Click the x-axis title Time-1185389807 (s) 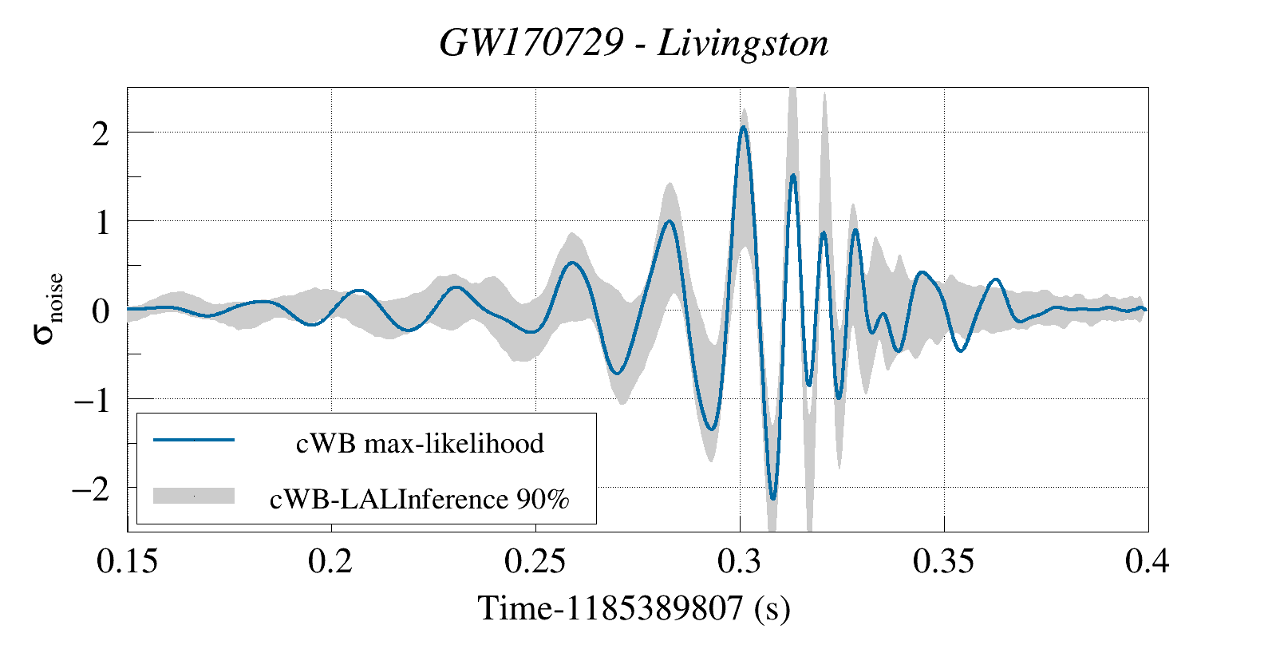click(634, 608)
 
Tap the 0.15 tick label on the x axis click(127, 561)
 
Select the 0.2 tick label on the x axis click(330, 561)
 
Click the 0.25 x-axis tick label click(535, 561)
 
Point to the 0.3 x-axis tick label click(739, 561)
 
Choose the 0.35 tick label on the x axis click(943, 561)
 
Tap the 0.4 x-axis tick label click(1147, 561)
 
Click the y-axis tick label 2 click(100, 134)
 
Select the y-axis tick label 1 click(101, 223)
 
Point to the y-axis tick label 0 click(100, 311)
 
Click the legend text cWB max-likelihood click(420, 443)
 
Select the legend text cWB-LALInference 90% click(420, 499)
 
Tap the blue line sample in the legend click(194, 440)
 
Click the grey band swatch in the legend click(194, 496)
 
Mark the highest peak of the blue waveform click(743, 127)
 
